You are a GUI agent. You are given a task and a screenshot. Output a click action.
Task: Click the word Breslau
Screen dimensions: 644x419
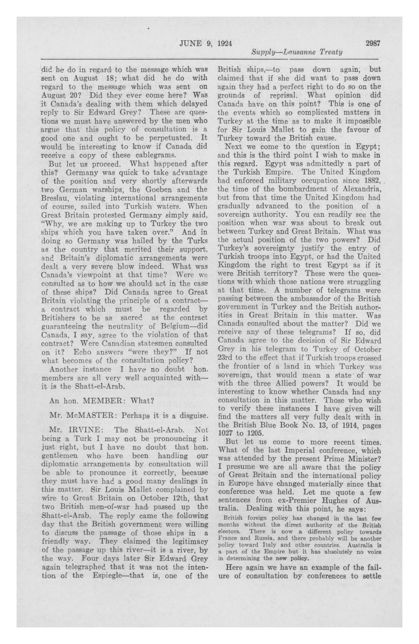pos(54,198)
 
